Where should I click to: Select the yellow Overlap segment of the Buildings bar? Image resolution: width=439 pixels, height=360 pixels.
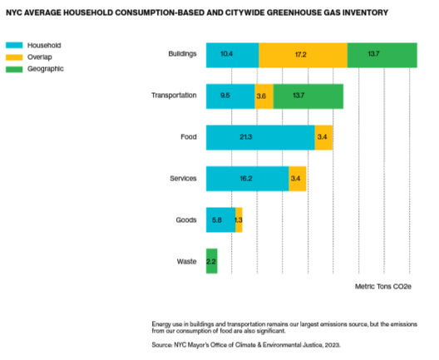pos(302,54)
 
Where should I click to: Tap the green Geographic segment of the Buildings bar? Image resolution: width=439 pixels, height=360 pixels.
pos(382,54)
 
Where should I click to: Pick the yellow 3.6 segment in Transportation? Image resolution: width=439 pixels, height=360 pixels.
pos(264,96)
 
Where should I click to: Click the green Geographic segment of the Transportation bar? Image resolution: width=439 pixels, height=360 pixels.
pos(308,96)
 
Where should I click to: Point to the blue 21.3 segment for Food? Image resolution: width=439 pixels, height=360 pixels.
pos(260,137)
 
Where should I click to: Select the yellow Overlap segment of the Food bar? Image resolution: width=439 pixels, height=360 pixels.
pos(323,137)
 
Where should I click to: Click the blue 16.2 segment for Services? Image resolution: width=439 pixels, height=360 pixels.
pos(247,179)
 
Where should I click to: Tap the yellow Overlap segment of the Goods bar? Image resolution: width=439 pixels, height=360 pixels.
pos(239,220)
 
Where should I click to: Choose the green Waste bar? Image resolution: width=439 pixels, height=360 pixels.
pos(211,261)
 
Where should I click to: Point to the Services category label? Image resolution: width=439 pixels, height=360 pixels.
pos(181,179)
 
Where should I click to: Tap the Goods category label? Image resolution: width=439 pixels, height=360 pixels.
pos(185,220)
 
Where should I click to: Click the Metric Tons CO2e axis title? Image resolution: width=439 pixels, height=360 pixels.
pos(383,285)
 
